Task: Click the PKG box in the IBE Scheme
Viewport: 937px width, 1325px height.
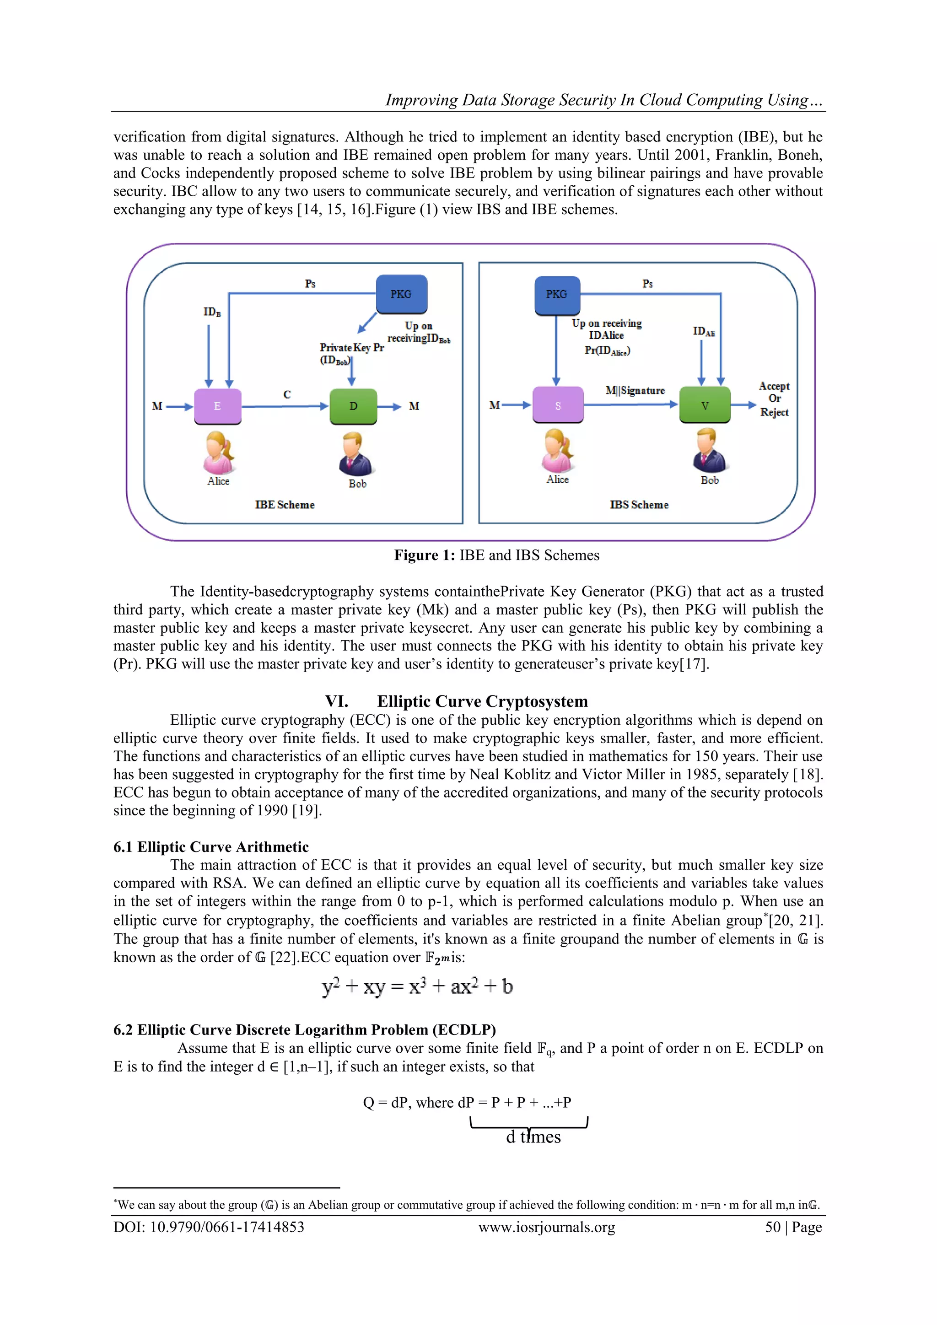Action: (x=402, y=294)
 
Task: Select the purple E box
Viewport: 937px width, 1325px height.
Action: (x=217, y=406)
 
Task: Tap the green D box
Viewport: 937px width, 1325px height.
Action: (x=353, y=406)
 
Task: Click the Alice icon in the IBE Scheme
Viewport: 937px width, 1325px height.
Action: (x=219, y=453)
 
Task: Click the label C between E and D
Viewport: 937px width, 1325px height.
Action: (x=287, y=395)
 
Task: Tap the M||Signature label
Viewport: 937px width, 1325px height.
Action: (x=635, y=391)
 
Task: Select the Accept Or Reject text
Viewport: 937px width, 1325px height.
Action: (x=774, y=399)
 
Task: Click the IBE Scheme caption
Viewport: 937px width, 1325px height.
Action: (x=285, y=505)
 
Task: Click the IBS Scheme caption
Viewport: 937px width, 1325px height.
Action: (x=639, y=505)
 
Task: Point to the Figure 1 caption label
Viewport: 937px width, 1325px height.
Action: (x=425, y=555)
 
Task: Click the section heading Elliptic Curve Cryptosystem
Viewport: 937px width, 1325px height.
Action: (x=482, y=701)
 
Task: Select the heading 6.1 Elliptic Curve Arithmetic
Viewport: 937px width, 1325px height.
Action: (x=211, y=846)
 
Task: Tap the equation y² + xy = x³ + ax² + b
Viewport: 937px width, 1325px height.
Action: (x=417, y=986)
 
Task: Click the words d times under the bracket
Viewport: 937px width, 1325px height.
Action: (x=533, y=1137)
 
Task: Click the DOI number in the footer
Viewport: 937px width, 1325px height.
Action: (x=209, y=1227)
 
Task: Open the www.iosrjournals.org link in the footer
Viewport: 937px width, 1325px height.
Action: (x=546, y=1227)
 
